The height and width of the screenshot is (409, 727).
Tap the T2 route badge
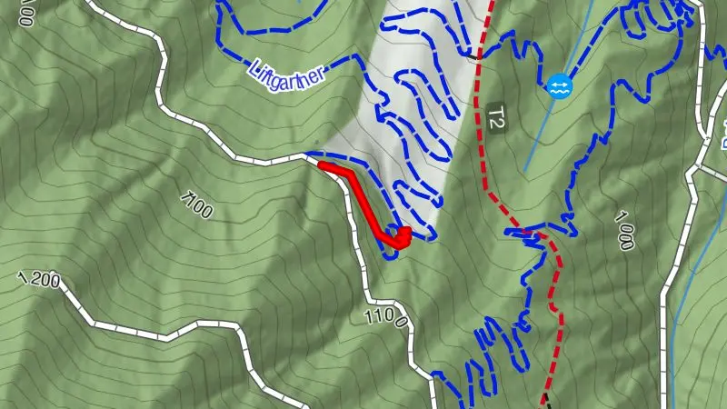pos(496,119)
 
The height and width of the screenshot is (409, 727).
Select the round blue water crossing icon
pos(558,87)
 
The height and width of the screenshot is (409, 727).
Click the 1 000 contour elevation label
pos(623,230)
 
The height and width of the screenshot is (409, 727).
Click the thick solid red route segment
pos(362,200)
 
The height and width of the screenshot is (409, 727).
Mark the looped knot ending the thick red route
pos(399,236)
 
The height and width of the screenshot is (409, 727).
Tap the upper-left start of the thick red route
pos(324,165)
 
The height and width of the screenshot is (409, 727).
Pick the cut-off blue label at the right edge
pos(722,136)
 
